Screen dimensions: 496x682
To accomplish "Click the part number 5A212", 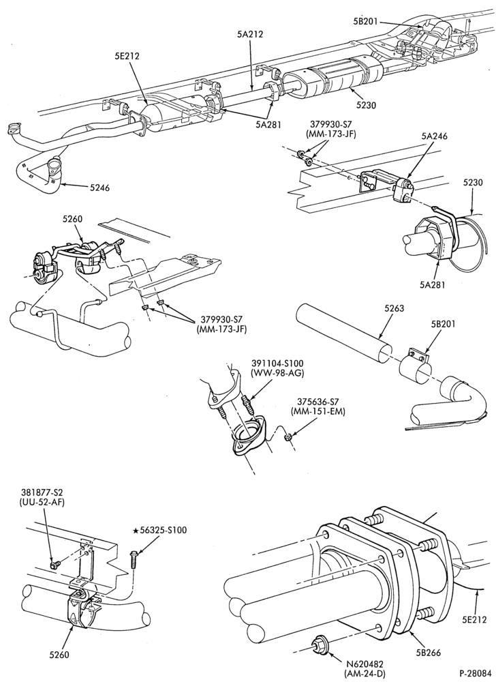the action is coord(250,34).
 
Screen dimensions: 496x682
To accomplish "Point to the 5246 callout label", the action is coord(99,188).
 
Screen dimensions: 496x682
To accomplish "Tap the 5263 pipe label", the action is coord(394,308).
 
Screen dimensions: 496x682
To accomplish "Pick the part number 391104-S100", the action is coord(278,363).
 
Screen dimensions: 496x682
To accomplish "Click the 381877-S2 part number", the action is coord(42,493).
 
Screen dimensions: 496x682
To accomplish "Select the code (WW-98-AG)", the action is coord(278,372).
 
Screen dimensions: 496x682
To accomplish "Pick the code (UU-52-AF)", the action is coord(42,503).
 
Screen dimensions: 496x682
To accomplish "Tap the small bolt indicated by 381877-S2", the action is coord(55,565).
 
